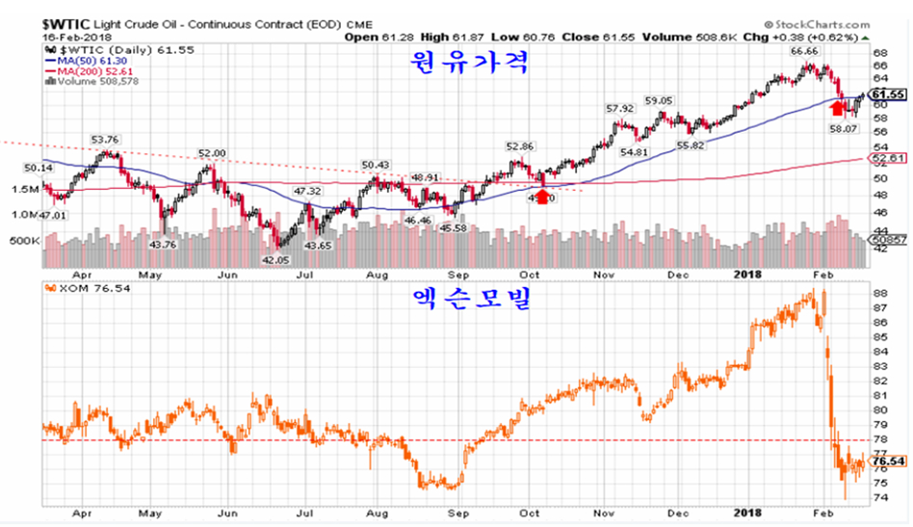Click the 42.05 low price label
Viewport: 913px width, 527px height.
point(276,260)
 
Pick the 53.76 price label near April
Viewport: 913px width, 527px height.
point(104,139)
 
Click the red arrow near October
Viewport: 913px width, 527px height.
point(542,197)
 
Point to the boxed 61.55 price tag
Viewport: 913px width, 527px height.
point(887,94)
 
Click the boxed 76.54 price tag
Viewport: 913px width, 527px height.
point(887,461)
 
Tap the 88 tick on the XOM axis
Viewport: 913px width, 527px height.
point(879,292)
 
